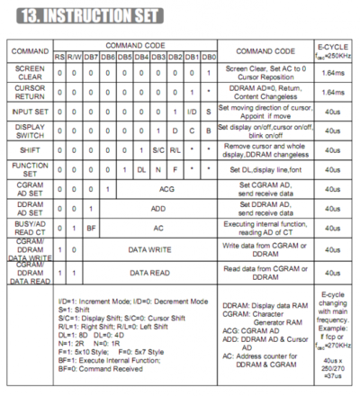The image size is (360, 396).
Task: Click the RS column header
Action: point(60,58)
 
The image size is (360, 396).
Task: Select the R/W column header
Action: point(75,58)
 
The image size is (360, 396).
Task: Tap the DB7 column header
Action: point(92,58)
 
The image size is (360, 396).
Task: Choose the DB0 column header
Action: point(209,58)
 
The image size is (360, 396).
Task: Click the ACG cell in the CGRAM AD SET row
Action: point(166,188)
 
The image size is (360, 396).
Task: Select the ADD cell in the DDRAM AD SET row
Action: point(158,208)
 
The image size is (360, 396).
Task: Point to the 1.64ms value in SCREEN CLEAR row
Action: point(331,73)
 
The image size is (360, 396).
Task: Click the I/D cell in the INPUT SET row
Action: point(192,111)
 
